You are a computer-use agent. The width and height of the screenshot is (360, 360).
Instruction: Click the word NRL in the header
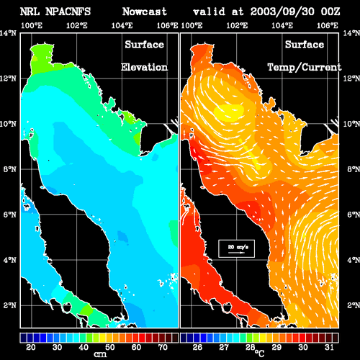30,12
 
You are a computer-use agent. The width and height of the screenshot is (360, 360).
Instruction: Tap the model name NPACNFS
68,12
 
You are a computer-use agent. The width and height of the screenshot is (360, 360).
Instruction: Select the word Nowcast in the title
144,12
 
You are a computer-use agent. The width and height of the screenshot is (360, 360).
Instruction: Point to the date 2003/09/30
282,12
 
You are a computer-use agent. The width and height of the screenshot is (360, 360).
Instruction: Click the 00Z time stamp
330,12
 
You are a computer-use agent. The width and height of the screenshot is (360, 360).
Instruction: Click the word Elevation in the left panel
144,67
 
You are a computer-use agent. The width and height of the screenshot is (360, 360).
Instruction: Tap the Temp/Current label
305,68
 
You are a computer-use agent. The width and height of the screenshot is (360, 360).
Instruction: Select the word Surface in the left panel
144,45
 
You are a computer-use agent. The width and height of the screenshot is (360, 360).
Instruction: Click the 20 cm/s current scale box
236,248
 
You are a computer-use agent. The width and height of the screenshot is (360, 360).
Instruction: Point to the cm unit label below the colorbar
100,354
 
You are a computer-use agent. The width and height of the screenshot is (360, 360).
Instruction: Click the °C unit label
259,354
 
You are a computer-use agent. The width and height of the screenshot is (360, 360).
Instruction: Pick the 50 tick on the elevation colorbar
110,347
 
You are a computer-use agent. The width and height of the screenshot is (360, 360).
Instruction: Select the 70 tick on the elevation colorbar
163,347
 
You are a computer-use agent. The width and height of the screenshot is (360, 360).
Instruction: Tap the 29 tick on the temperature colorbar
276,347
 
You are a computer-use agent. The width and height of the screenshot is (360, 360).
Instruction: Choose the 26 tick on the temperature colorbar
197,347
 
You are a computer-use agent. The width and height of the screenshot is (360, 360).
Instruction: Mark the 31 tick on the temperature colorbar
329,347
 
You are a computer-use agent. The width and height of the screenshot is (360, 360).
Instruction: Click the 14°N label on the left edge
8,33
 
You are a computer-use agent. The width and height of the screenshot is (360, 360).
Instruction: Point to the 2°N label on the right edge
354,305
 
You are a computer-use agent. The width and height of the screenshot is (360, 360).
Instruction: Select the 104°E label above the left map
122,25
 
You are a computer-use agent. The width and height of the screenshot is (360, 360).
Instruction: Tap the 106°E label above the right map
328,25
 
